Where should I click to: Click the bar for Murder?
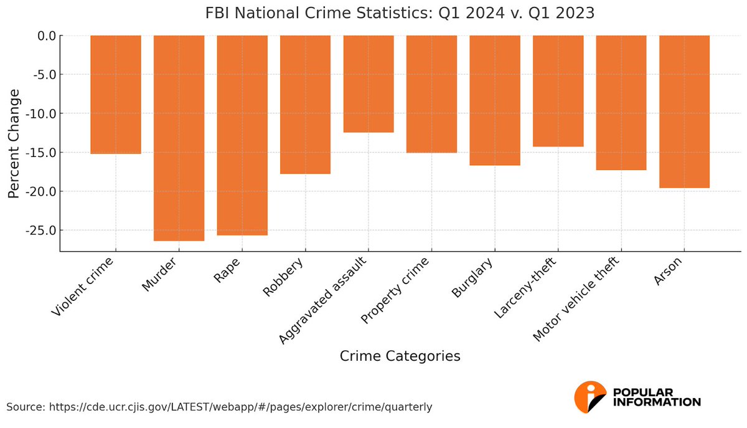tap(179, 138)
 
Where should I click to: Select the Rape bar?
tap(242, 135)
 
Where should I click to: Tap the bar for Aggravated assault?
tap(369, 84)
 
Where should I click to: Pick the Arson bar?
tap(684, 112)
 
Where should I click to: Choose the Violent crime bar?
tap(116, 95)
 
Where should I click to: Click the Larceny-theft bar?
tap(558, 91)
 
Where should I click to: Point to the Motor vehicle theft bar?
tap(621, 103)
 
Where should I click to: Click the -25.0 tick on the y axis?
tap(39, 231)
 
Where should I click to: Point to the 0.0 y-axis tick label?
tap(44, 36)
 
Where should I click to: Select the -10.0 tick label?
tap(39, 113)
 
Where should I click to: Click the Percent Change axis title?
tap(14, 144)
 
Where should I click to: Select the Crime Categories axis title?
tap(400, 356)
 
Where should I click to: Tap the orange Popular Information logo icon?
tap(590, 397)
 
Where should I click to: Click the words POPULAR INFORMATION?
tap(657, 397)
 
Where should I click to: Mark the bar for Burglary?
tap(495, 100)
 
